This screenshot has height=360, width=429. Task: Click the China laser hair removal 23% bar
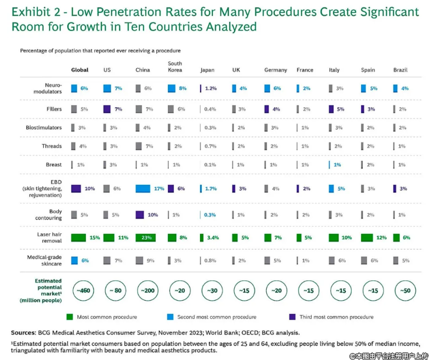tap(145, 237)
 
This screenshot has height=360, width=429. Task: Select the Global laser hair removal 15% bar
tap(78, 237)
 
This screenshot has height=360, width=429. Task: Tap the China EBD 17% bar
tap(142, 189)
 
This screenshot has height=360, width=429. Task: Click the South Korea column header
tap(174, 66)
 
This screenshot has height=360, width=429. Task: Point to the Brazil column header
tap(400, 70)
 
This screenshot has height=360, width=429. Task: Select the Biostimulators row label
tap(44, 128)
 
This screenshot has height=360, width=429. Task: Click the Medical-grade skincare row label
tap(45, 260)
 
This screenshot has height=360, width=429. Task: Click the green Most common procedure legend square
tap(70, 317)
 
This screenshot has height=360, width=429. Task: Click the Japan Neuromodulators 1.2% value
tap(210, 88)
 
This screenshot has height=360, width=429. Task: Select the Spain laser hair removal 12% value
tap(380, 237)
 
